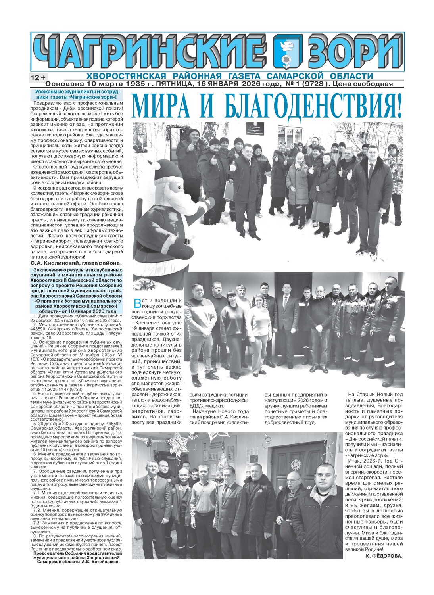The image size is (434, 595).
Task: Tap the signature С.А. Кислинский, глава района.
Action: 76,263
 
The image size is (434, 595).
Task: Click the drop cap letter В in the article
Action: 137,304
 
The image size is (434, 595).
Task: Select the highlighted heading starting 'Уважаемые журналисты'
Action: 76,94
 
